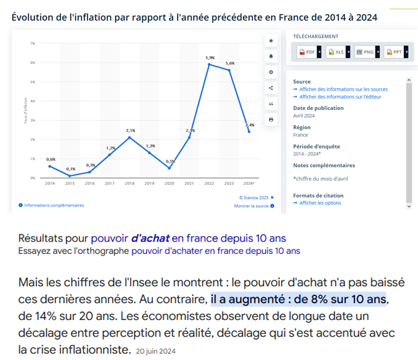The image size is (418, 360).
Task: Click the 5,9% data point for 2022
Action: pos(209,64)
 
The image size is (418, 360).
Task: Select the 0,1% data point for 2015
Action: pos(70,176)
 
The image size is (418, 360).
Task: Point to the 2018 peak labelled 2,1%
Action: pos(129,137)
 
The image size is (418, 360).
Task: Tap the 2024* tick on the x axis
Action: pos(249,184)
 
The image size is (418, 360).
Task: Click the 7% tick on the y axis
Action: pos(32,43)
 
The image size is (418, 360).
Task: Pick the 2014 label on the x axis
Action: pos(50,184)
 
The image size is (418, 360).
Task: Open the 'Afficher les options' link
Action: pos(320,203)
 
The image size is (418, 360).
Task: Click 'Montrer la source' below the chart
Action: pos(252,206)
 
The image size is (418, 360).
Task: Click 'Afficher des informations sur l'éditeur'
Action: pos(340,97)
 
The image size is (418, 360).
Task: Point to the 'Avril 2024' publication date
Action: pos(304,116)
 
